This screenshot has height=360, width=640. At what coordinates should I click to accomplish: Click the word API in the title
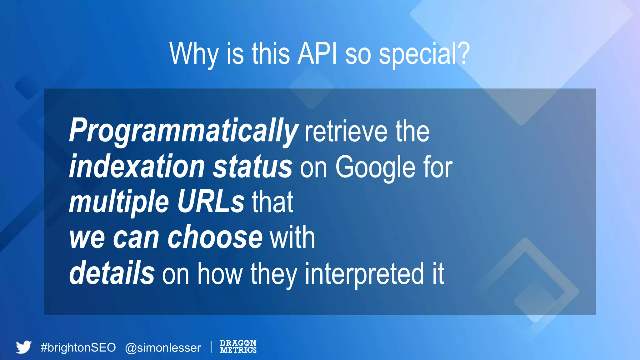(x=317, y=54)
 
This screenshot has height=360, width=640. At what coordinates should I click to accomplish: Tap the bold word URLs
(x=211, y=202)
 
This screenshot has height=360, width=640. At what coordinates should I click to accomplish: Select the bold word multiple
(x=119, y=203)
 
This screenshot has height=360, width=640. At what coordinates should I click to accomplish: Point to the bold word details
(x=112, y=272)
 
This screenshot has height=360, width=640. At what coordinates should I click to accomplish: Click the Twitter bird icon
(x=24, y=347)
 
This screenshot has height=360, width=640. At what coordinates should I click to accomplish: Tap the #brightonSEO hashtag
(x=78, y=347)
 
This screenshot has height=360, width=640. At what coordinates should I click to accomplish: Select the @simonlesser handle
(x=163, y=348)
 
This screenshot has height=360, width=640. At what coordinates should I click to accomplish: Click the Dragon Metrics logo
(x=238, y=347)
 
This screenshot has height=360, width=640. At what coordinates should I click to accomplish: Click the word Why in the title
(x=194, y=54)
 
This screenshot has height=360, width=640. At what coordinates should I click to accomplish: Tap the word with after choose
(x=292, y=238)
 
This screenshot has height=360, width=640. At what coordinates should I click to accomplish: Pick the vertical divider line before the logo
(x=212, y=347)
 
